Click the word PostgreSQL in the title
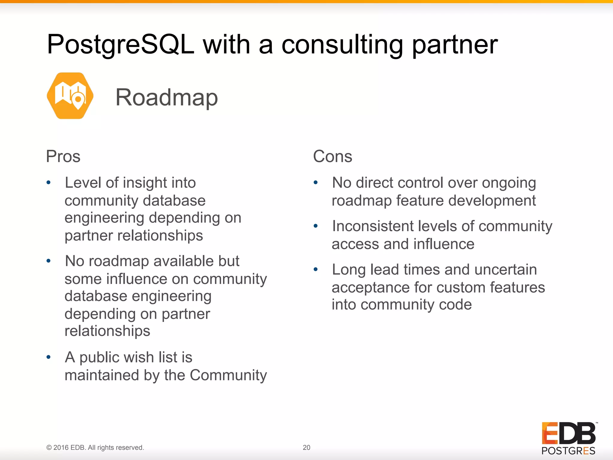[121, 45]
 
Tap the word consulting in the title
[342, 45]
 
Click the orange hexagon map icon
[70, 96]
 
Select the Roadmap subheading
[167, 97]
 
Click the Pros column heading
[63, 156]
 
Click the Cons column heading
[333, 156]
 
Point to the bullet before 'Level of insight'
[48, 182]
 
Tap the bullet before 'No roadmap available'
[48, 261]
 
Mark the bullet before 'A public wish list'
[48, 357]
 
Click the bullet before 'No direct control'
[315, 182]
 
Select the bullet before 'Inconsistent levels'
[315, 226]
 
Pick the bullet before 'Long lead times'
[315, 269]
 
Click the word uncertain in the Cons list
[506, 270]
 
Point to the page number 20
[306, 447]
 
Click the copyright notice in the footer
[95, 447]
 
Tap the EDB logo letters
[568, 433]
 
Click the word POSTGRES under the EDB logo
[568, 451]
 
